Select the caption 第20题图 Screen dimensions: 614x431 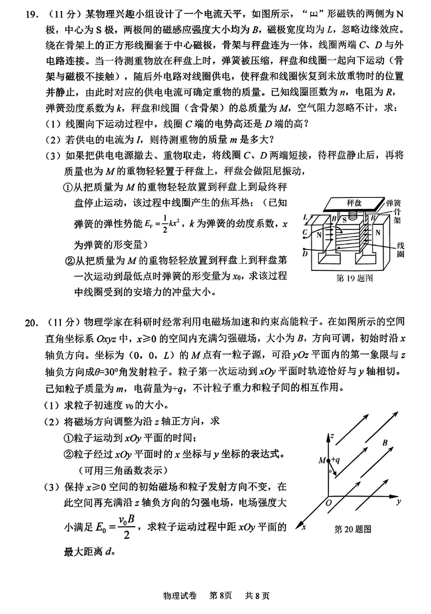[x=353, y=529]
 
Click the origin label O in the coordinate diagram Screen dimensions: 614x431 [x=328, y=504]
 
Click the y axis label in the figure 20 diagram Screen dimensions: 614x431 [x=398, y=501]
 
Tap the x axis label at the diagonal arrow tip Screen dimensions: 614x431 [x=303, y=527]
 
